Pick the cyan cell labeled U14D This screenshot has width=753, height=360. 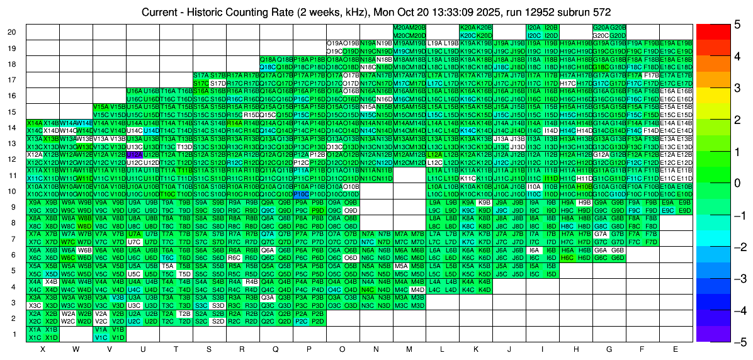pyautogui.click(x=151, y=130)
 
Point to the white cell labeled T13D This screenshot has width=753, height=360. pyautogui.click(x=184, y=147)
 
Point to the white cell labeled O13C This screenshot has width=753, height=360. pyautogui.click(x=334, y=147)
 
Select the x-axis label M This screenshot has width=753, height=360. pyautogui.click(x=409, y=349)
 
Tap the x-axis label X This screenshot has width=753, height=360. pyautogui.click(x=43, y=349)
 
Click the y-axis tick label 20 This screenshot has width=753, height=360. pyautogui.click(x=12, y=31)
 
